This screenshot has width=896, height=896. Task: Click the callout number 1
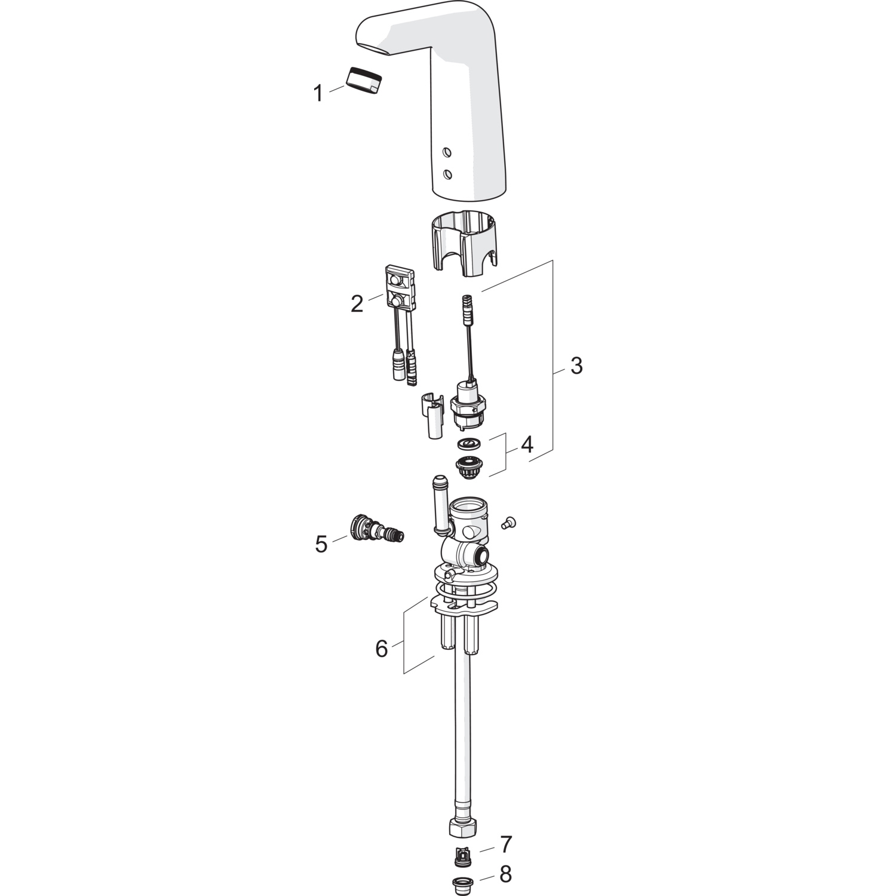tap(318, 94)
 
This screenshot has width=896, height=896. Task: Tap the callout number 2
tap(357, 304)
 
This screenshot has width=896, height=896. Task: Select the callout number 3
tap(576, 366)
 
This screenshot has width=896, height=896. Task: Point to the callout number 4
tap(526, 444)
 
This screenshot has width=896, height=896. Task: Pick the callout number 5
tap(321, 544)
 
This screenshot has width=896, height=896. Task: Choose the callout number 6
tap(382, 648)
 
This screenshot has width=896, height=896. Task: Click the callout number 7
tap(506, 845)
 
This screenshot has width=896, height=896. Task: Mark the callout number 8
tap(505, 875)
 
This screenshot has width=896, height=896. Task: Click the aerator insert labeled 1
tap(364, 80)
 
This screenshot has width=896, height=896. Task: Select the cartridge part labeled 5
tap(375, 528)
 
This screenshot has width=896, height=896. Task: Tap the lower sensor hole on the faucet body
tap(447, 174)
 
